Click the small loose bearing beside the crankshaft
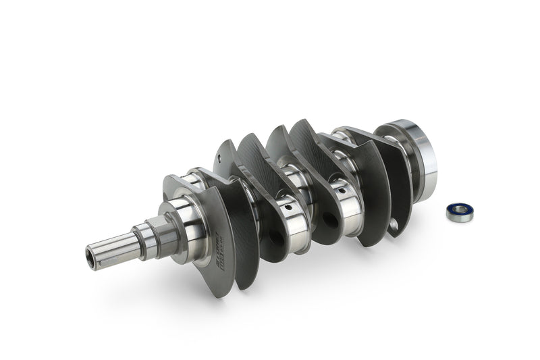[459, 212]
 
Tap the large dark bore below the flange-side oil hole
[331, 220]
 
